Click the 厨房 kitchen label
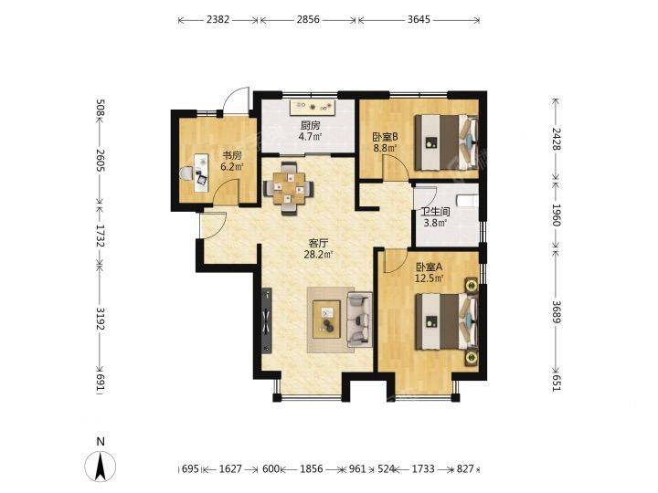click(x=311, y=125)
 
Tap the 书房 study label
click(x=232, y=155)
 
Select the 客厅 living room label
click(x=318, y=243)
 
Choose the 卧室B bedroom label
click(x=385, y=137)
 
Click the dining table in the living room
click(x=288, y=189)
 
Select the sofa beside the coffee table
click(x=360, y=320)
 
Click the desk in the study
click(x=201, y=173)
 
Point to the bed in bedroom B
click(x=446, y=142)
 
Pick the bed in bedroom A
click(x=447, y=321)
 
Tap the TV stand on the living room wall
click(x=267, y=321)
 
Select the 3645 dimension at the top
click(x=419, y=20)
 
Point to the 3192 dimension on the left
click(x=100, y=319)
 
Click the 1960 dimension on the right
click(x=556, y=215)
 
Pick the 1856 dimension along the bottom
click(x=312, y=468)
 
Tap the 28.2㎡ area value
click(x=318, y=254)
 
